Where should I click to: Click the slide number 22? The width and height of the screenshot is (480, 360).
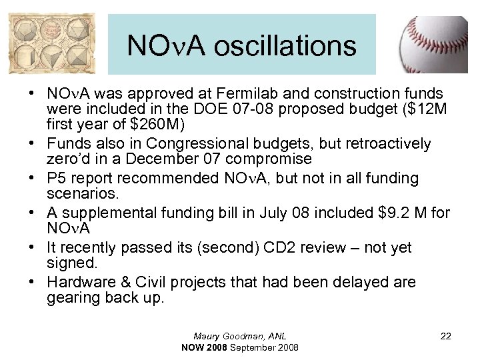[446, 337]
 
